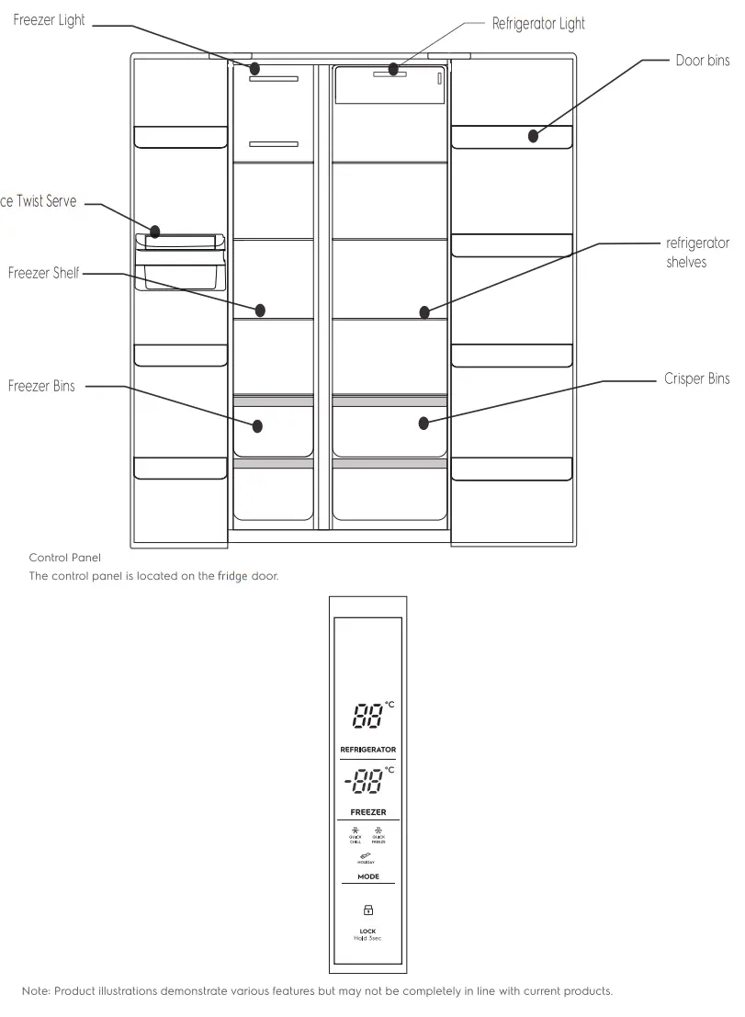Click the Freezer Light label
coord(50,20)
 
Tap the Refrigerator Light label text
coord(538,24)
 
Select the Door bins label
coord(703,62)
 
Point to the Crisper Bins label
coord(696,379)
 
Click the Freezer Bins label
coord(41,386)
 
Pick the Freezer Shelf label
coord(44,273)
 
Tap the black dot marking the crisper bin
coord(423,424)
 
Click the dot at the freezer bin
coord(258,426)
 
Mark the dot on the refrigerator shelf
coord(424,312)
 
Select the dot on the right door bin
coord(533,137)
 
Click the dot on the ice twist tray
coord(155,232)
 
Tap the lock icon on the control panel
coord(367,910)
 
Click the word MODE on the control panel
coord(367,876)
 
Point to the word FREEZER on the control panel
coord(367,813)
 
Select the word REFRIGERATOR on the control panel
coord(367,750)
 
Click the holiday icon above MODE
coord(367,855)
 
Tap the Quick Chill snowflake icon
coord(355,831)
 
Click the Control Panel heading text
coord(64,558)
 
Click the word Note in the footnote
coord(35,991)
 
